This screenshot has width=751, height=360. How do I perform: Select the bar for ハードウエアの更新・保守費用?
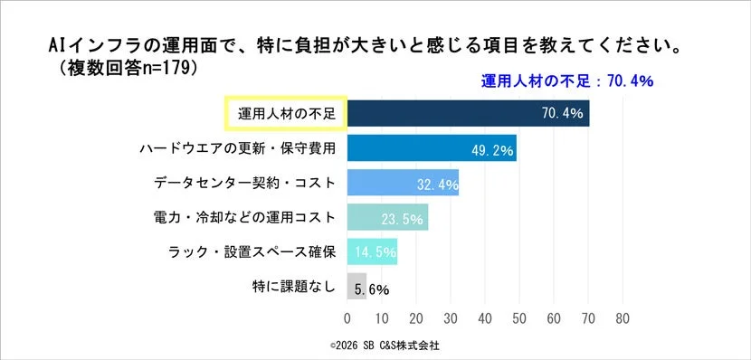(x=431, y=148)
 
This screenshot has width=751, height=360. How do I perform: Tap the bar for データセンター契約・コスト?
(x=403, y=183)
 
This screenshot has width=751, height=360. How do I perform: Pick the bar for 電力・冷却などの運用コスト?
(x=387, y=217)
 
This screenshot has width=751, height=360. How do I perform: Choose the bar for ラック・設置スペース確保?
(x=372, y=251)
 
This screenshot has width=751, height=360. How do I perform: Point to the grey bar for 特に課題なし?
(x=356, y=286)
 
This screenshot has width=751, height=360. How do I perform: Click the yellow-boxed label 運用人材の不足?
(x=285, y=114)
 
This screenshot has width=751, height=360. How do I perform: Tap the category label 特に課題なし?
(x=293, y=287)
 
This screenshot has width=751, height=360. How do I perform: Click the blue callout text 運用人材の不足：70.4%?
(x=566, y=81)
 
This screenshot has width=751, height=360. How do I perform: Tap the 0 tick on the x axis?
(x=347, y=318)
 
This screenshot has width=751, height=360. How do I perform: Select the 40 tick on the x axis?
(x=485, y=318)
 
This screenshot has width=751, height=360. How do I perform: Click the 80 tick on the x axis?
(x=622, y=318)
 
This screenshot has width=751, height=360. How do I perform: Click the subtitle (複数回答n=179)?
(x=127, y=67)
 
